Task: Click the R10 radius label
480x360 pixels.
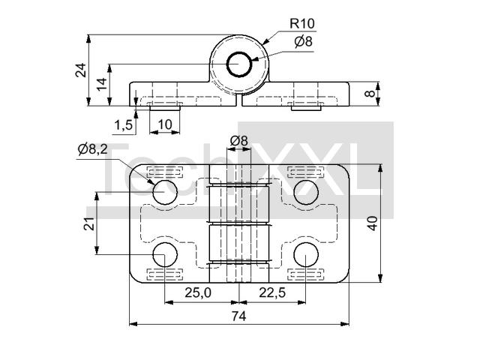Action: pos(302,23)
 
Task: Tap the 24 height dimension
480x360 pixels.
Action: pos(81,70)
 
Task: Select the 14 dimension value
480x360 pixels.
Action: pos(102,84)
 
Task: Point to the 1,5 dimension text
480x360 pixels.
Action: pos(123,125)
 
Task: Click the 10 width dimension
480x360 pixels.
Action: pos(165,124)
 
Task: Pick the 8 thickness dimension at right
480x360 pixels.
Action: pos(370,93)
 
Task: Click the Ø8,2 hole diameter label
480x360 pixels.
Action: pos(93,149)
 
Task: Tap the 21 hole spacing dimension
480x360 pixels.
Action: pos(89,223)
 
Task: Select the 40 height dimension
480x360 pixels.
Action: pos(373,223)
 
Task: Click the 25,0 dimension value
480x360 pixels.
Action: pos(198,292)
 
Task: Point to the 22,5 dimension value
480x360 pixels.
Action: pos(272,292)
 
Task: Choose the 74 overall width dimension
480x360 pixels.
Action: pos(238,316)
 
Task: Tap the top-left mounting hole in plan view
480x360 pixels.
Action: pos(165,192)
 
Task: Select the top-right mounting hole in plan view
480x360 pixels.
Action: pos(306,192)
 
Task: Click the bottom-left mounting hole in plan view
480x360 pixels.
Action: pos(165,254)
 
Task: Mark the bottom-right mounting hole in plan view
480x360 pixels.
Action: pos(306,254)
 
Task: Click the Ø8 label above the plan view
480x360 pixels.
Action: pos(238,141)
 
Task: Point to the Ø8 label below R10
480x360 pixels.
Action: pos(303,42)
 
